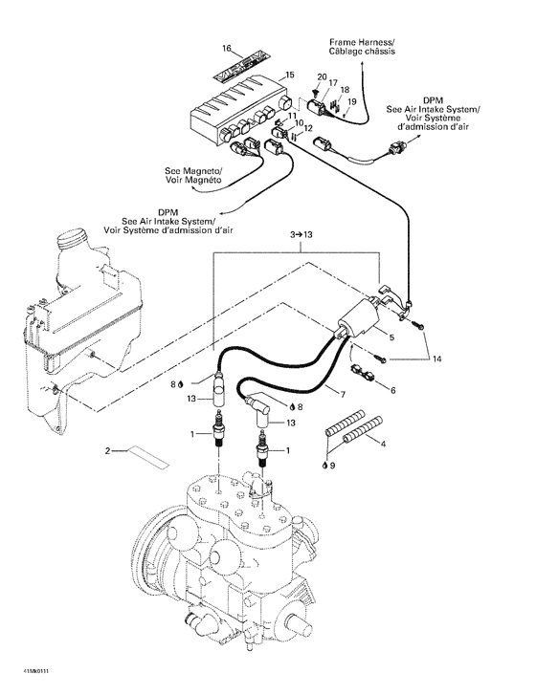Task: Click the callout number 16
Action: [x=226, y=48]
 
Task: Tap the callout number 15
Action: [x=289, y=75]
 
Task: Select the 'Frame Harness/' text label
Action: [x=362, y=42]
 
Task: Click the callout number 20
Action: [x=322, y=77]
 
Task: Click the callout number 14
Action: [x=437, y=359]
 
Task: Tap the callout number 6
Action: [x=392, y=390]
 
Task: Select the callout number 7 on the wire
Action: [x=343, y=394]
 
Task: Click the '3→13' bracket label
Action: [x=301, y=234]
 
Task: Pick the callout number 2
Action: [x=107, y=451]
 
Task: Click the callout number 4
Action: [x=383, y=443]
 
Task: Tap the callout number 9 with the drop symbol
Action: [x=329, y=466]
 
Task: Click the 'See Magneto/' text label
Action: [x=193, y=171]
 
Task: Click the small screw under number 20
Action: [x=315, y=93]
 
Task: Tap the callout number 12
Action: [x=308, y=128]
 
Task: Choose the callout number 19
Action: [x=351, y=102]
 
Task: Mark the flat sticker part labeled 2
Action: [x=148, y=457]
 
